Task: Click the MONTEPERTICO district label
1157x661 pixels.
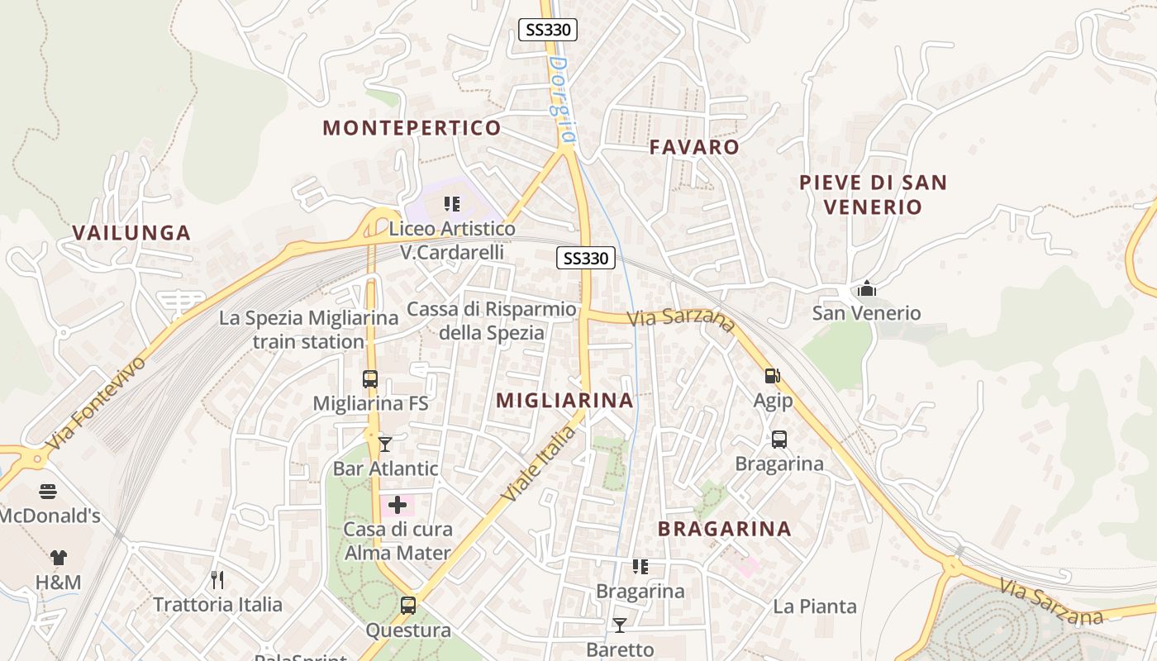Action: click(412, 128)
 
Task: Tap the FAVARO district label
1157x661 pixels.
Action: click(694, 147)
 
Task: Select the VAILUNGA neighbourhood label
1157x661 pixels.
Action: click(131, 233)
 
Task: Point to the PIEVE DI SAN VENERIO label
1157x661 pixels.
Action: click(872, 194)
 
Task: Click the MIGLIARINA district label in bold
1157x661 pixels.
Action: click(564, 401)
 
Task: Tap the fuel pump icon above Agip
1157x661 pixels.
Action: click(772, 376)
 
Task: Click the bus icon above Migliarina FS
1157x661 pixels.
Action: click(370, 379)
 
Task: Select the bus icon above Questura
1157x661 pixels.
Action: click(408, 606)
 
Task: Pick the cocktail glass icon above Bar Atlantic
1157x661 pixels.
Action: click(385, 445)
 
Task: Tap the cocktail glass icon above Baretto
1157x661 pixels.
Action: click(619, 625)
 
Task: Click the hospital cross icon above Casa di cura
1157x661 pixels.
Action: click(398, 505)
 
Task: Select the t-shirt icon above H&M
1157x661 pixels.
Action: click(58, 558)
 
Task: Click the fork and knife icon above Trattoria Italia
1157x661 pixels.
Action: click(217, 579)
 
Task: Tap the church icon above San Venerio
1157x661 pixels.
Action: click(866, 288)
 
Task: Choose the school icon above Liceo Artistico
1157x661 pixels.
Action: click(452, 203)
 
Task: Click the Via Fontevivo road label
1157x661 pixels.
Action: click(95, 402)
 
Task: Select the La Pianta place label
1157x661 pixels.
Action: click(815, 607)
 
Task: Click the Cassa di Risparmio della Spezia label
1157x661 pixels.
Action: click(492, 321)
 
